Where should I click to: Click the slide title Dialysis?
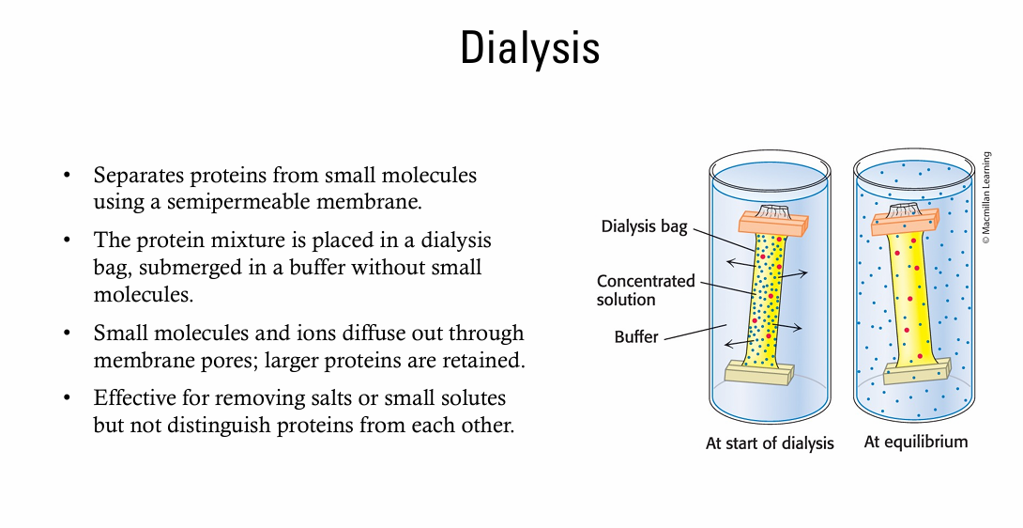[530, 48]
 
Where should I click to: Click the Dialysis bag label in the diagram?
[645, 226]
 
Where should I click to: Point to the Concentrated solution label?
[646, 290]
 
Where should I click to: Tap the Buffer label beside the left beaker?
[636, 336]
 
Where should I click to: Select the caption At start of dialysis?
[770, 443]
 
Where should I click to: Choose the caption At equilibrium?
[915, 442]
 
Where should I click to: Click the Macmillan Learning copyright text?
[986, 198]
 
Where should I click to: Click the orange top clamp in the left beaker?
[772, 223]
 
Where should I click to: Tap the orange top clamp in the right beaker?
[905, 221]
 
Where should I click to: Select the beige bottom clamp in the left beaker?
[760, 373]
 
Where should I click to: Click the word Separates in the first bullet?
[134, 175]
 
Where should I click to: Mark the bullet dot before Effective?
[67, 398]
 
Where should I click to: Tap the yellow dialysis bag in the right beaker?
[907, 301]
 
